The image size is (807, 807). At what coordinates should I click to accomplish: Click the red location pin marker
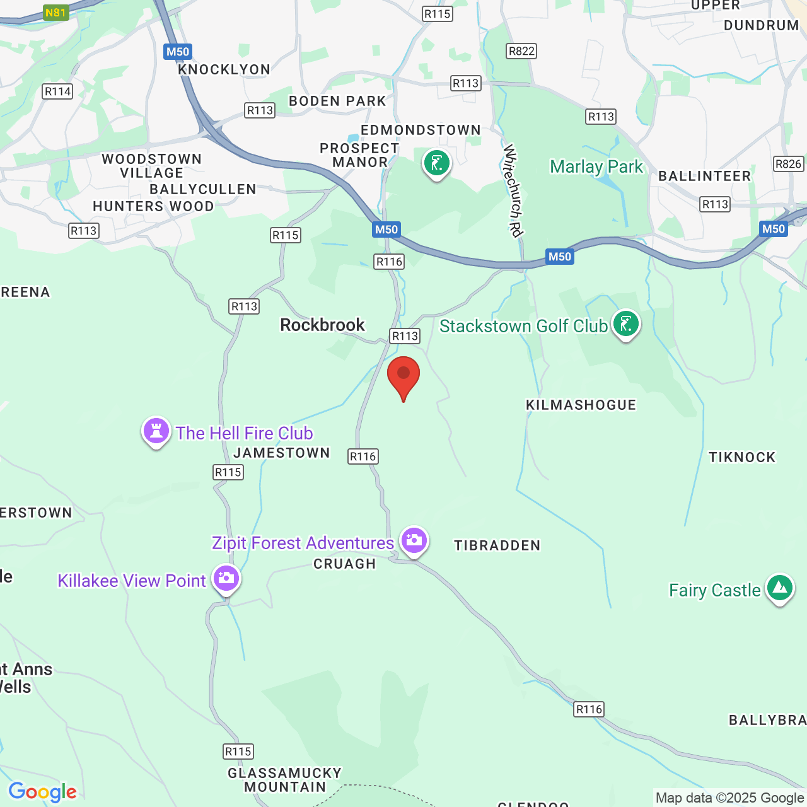pos(403,374)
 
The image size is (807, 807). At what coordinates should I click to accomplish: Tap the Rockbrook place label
pos(322,325)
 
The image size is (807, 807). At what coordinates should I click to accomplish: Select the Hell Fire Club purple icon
pos(156,431)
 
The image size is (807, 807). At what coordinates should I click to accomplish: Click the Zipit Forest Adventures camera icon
pos(414,540)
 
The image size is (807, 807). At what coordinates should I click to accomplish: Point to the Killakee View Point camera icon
pos(226,578)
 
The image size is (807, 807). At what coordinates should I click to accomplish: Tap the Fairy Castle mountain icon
pos(780,588)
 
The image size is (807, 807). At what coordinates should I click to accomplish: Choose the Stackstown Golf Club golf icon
pos(625,324)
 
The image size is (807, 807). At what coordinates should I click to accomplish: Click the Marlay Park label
pos(596,167)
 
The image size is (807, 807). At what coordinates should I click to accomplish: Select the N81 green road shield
pos(55,13)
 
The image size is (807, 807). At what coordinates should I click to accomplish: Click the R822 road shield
pos(521,51)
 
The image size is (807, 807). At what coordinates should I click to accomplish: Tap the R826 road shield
pos(788,164)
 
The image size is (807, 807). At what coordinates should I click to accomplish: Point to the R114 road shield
pos(57,91)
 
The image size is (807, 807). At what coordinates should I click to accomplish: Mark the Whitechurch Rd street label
pos(513,190)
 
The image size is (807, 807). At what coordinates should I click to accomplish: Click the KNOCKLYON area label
pos(224,69)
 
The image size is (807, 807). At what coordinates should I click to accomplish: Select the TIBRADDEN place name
pos(497,545)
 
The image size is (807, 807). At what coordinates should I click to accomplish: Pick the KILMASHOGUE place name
pos(581,405)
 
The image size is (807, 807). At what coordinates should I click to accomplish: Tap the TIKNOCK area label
pos(741,457)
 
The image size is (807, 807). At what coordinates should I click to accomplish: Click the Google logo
pos(42,792)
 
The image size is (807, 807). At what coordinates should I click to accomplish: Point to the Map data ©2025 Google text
pos(729,798)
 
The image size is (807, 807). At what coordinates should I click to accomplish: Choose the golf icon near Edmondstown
pos(436,163)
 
